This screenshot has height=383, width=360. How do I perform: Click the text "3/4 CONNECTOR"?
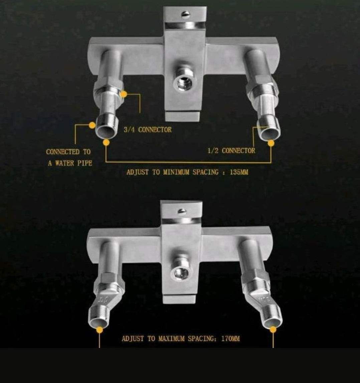click(148, 130)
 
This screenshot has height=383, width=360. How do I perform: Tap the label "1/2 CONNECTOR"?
click(231, 151)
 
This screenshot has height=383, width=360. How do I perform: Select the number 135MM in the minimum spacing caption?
click(239, 172)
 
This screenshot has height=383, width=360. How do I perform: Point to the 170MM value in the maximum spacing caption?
click(230, 339)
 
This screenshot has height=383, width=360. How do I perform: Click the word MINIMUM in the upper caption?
click(176, 172)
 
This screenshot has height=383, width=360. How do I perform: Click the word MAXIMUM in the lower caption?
click(171, 339)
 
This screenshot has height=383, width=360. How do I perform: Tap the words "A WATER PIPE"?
click(70, 163)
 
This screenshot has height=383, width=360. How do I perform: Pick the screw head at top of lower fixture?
click(182, 211)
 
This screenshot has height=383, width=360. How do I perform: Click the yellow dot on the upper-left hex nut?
click(124, 94)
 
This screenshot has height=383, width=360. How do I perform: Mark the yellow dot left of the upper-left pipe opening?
click(92, 125)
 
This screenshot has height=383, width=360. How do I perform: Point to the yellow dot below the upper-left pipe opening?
click(106, 142)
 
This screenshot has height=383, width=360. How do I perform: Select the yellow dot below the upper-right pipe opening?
click(271, 143)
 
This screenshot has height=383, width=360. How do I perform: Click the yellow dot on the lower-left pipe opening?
click(100, 330)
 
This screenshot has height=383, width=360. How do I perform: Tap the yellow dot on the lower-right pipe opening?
click(273, 330)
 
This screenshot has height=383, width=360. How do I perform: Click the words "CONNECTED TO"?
click(68, 152)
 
